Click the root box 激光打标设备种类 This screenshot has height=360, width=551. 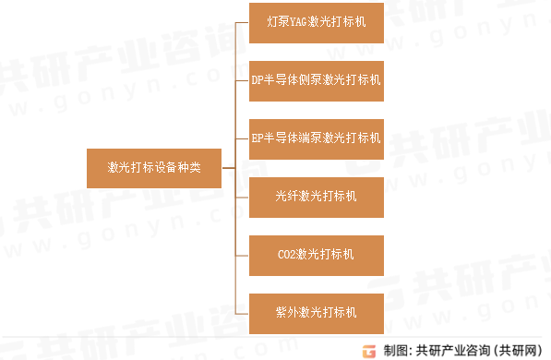pos(155,167)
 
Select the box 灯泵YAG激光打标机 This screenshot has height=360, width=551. pos(317,21)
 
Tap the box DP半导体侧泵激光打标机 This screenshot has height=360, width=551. pos(317,79)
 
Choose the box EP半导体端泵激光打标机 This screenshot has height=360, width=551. pos(317,138)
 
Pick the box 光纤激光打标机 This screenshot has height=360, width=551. pos(317,196)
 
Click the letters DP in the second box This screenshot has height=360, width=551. pos(258,80)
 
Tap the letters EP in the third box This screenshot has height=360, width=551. pos(258,138)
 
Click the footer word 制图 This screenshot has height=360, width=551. pos(394,350)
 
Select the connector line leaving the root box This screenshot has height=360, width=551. pos(229,167)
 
